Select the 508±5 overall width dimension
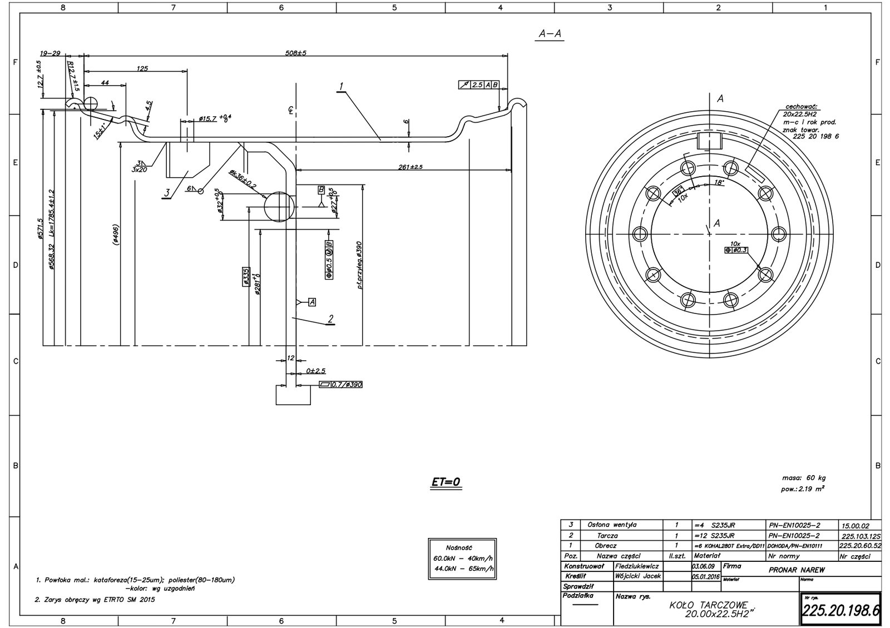point(295,52)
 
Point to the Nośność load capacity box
point(462,558)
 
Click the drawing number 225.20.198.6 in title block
point(840,611)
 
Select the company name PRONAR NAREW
point(797,570)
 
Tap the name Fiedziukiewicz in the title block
point(637,566)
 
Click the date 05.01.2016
point(705,576)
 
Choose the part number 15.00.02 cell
point(857,525)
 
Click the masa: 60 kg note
point(803,477)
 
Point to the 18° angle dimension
point(719,182)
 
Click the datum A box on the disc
point(311,302)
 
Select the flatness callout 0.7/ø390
point(340,385)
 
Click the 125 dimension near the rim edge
point(142,68)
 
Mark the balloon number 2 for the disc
point(330,318)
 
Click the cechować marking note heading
point(803,106)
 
